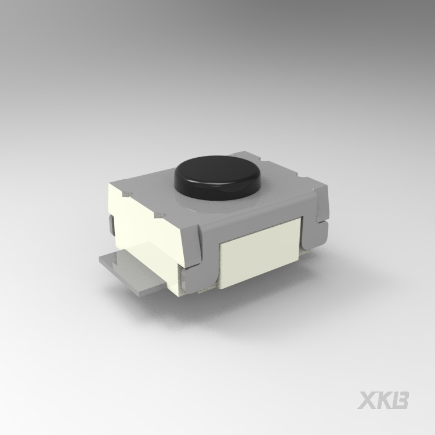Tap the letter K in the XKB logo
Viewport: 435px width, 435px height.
pos(384,400)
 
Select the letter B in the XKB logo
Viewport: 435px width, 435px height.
pos(400,400)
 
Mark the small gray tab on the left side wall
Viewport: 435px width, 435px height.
pos(111,225)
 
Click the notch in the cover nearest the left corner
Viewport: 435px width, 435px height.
pos(126,193)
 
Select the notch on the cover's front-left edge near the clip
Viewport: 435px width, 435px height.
pos(159,215)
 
